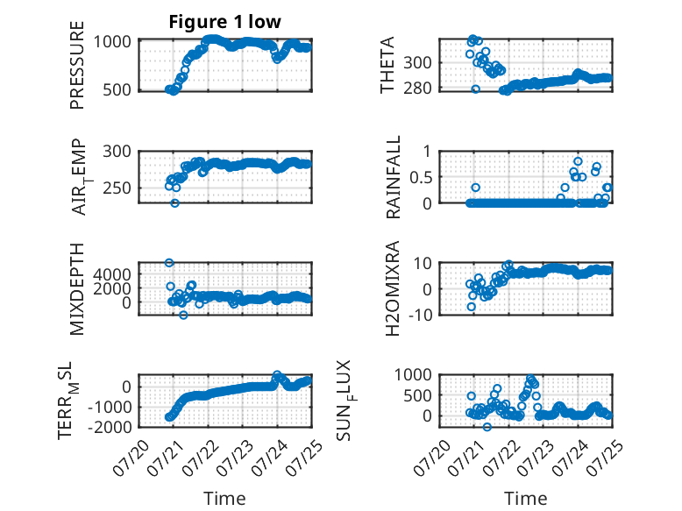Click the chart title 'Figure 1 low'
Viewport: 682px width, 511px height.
[x=225, y=22]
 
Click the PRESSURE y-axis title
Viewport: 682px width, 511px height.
[x=76, y=65]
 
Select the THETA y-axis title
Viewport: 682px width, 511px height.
[x=387, y=65]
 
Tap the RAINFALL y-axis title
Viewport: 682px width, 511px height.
[x=393, y=177]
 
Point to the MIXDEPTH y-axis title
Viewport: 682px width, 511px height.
[x=76, y=289]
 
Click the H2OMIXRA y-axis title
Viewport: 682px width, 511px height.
[x=393, y=288]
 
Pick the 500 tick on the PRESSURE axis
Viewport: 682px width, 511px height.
[x=117, y=90]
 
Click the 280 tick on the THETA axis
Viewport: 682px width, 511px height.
[x=417, y=88]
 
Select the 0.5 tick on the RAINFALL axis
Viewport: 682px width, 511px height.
[x=421, y=177]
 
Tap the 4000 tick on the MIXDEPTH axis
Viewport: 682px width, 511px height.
[x=112, y=274]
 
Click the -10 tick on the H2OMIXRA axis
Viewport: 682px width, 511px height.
[x=420, y=314]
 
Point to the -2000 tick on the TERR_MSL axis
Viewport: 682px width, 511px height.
[x=110, y=427]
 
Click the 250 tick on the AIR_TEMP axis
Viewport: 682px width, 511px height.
[x=117, y=188]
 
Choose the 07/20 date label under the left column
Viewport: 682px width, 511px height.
[x=131, y=458]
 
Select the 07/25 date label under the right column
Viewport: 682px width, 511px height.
[x=605, y=458]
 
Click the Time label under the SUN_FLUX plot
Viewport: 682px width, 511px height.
[x=525, y=498]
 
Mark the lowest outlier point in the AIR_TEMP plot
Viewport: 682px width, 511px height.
[x=174, y=203]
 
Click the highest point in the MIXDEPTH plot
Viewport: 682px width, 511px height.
[x=169, y=262]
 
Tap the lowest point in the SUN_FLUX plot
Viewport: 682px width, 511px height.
[x=487, y=427]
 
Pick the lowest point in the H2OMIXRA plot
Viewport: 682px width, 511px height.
[x=471, y=307]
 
